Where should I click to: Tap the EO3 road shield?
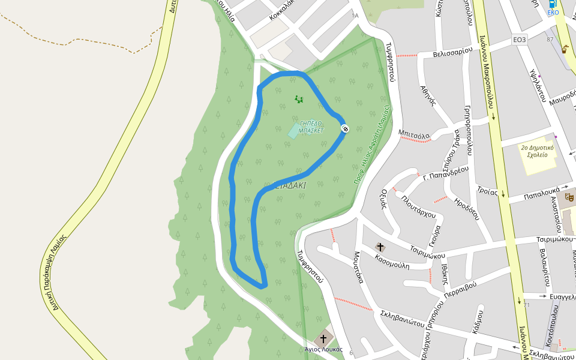tap(520, 40)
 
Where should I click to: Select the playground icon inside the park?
tap(299, 99)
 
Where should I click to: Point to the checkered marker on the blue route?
tap(345, 128)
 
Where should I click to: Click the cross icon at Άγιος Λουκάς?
tap(324, 338)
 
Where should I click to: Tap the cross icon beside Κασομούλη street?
tap(379, 247)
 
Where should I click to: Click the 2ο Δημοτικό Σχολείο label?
tap(537, 151)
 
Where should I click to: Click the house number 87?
tap(550, 40)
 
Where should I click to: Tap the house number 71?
tap(527, 305)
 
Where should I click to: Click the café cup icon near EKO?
tap(565, 49)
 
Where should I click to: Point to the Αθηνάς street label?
tap(427, 95)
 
